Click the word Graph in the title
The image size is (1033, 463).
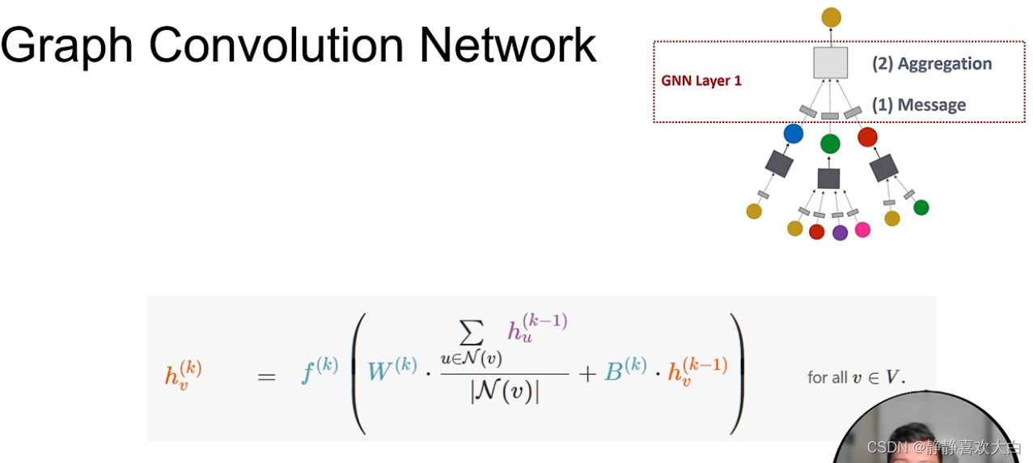(x=66, y=46)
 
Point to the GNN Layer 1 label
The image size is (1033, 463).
(x=701, y=81)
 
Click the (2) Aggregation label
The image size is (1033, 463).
(x=932, y=64)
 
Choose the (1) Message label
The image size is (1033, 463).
(x=919, y=105)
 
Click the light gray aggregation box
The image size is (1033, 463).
(x=830, y=62)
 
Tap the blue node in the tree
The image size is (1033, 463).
(x=794, y=134)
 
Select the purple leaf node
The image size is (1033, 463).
(x=840, y=233)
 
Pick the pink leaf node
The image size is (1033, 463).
(x=862, y=230)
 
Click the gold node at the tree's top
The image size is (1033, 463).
(x=831, y=16)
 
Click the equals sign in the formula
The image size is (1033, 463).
(x=266, y=376)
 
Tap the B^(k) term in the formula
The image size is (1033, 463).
(x=625, y=370)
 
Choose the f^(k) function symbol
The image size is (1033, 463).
(x=318, y=373)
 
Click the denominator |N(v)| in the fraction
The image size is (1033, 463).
(x=504, y=393)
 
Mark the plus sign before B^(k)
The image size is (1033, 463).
(x=587, y=373)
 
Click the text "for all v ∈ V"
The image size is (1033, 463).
(x=857, y=377)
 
